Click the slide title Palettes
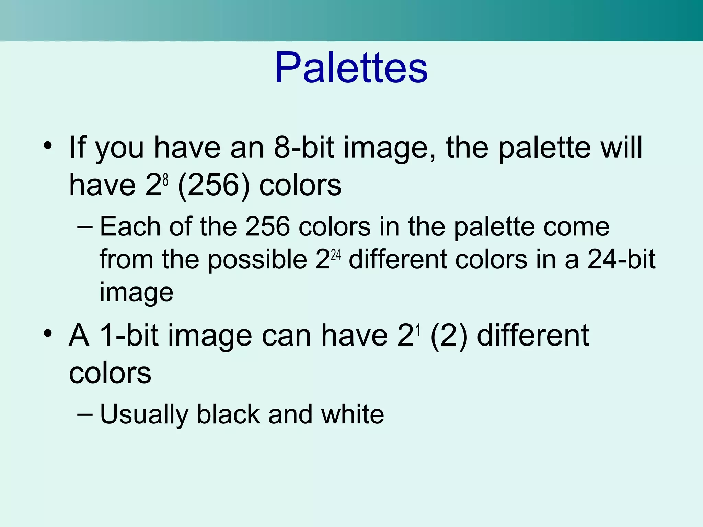point(351,68)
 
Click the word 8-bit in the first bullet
point(304,147)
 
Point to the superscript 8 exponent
point(165,179)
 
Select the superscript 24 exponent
point(336,255)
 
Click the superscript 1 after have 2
point(418,330)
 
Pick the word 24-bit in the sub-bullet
point(621,259)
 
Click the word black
point(228,414)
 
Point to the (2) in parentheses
point(449,336)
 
